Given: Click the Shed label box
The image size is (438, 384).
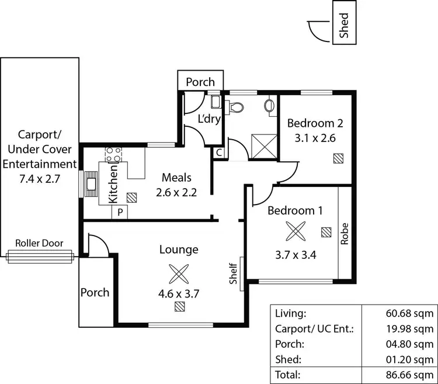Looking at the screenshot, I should (344, 28).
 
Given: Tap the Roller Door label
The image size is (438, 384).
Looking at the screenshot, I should (40, 243).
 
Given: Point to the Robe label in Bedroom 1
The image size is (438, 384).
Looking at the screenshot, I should (345, 233).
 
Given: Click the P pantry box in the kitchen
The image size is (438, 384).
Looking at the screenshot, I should (120, 212).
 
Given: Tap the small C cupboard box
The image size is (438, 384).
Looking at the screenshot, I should (218, 153).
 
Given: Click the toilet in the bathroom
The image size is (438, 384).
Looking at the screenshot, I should (237, 107).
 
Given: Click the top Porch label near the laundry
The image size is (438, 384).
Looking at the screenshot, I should (200, 82).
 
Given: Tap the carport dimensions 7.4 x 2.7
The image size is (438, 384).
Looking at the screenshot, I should (40, 178).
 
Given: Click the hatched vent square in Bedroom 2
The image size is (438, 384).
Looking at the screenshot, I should (338, 158).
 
